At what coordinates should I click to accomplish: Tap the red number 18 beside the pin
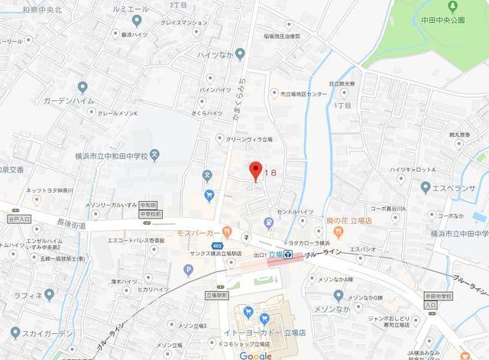pos(269,174)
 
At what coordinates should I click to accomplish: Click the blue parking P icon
pos(189,269)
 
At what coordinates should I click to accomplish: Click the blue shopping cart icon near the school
pos(209,196)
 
